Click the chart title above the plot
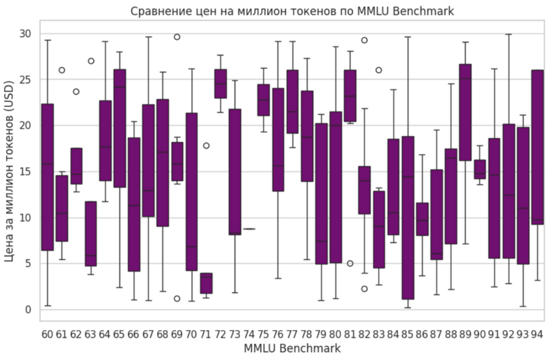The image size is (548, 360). click(292, 12)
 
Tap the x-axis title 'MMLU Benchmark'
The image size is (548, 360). click(292, 348)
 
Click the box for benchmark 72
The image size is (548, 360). click(220, 84)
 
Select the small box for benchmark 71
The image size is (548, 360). click(206, 283)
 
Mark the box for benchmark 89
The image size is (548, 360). click(465, 112)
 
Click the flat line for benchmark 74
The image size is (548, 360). click(248, 228)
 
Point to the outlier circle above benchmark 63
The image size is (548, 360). click(91, 61)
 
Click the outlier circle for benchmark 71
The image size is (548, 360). click(206, 146)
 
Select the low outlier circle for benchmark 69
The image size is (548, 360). click(177, 298)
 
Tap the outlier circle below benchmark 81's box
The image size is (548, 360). click(350, 263)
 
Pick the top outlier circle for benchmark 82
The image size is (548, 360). click(364, 40)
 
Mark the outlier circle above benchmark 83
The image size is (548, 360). click(379, 70)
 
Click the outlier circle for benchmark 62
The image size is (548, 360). click(76, 91)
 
